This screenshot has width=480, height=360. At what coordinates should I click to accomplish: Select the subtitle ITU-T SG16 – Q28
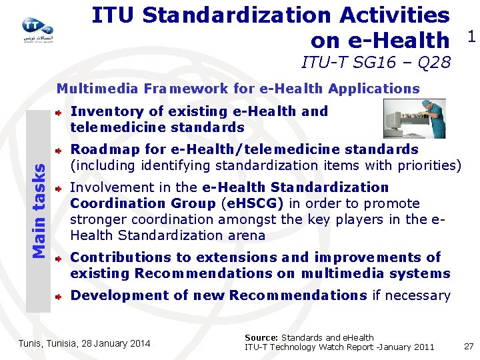click(375, 63)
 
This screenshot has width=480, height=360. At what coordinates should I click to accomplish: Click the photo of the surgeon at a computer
click(414, 118)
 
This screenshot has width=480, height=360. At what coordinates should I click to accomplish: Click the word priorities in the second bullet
click(429, 165)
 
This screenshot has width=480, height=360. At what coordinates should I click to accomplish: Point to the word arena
click(246, 235)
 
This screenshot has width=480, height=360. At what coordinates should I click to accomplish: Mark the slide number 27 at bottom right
click(469, 346)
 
